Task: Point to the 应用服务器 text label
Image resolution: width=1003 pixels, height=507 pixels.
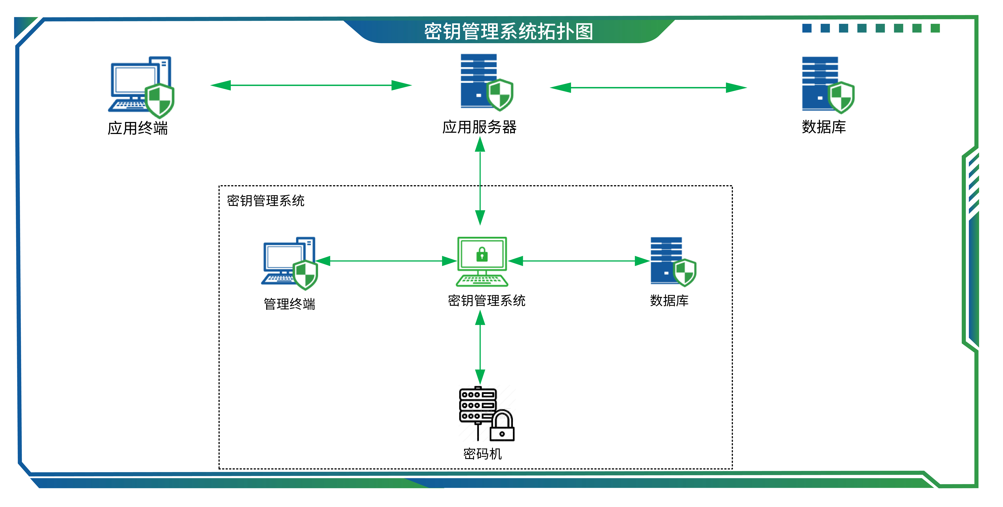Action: pos(479,127)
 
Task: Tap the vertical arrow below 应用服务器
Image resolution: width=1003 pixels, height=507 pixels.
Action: pos(480,181)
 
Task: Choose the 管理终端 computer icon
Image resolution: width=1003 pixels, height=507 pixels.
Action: pos(289,263)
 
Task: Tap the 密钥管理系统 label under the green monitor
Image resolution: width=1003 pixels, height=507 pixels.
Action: pos(486,301)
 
